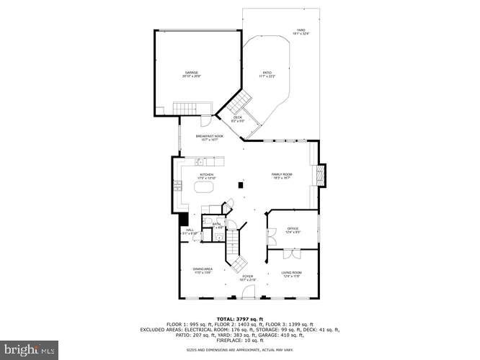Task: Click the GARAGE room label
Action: tap(192, 73)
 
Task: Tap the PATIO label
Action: tap(267, 73)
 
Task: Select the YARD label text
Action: tap(301, 31)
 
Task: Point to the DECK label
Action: tap(238, 119)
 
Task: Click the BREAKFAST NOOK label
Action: tap(210, 136)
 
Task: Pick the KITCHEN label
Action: tap(208, 175)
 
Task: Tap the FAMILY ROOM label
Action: tap(281, 175)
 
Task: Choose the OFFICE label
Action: tap(293, 229)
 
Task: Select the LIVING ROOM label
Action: tap(291, 272)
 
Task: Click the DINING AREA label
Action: tap(202, 269)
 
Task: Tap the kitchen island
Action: tap(203, 188)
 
